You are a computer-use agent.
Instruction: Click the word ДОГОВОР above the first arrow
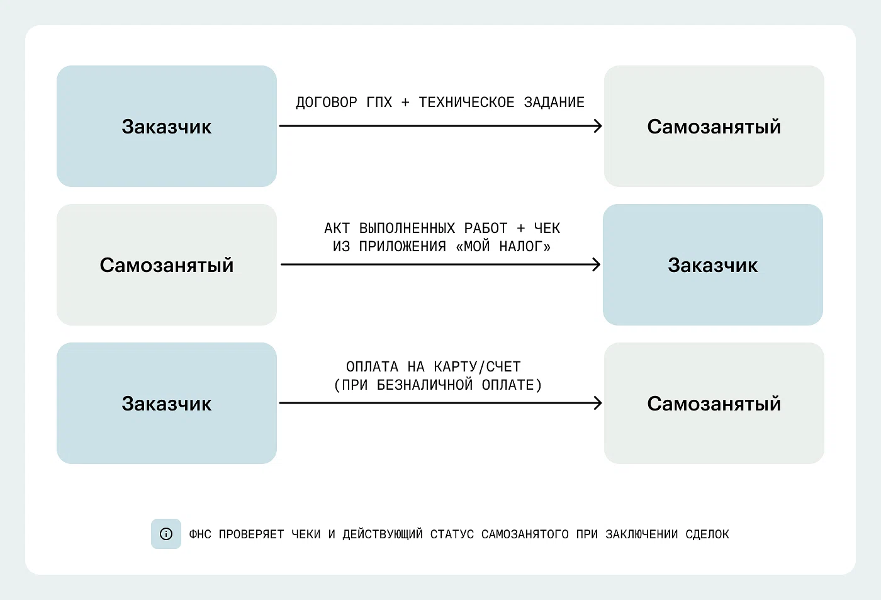[327, 103]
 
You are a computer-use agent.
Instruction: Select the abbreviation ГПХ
[379, 103]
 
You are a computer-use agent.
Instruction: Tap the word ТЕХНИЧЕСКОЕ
[466, 103]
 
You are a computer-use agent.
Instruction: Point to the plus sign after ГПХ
[405, 103]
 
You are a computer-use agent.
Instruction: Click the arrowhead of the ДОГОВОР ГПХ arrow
[598, 126]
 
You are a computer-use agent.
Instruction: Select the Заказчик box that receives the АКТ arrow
[712, 264]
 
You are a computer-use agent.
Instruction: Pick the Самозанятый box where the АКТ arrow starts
[166, 264]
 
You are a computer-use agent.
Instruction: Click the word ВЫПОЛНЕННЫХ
[407, 228]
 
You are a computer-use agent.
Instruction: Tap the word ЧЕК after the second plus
[547, 228]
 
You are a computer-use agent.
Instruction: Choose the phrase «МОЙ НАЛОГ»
[503, 246]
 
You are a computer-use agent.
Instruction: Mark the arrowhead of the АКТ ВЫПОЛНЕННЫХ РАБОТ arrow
[597, 264]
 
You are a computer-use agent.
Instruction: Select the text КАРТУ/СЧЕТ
[477, 366]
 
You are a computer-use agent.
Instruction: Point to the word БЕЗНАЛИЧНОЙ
[425, 385]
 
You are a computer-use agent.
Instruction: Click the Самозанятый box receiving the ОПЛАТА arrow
[714, 403]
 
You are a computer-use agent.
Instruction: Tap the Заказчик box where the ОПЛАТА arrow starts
[166, 403]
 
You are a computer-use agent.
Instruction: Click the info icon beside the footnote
[166, 534]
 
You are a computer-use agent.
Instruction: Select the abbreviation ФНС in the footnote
[200, 535]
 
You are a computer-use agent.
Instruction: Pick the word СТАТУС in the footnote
[452, 535]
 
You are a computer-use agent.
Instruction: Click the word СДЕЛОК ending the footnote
[707, 535]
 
